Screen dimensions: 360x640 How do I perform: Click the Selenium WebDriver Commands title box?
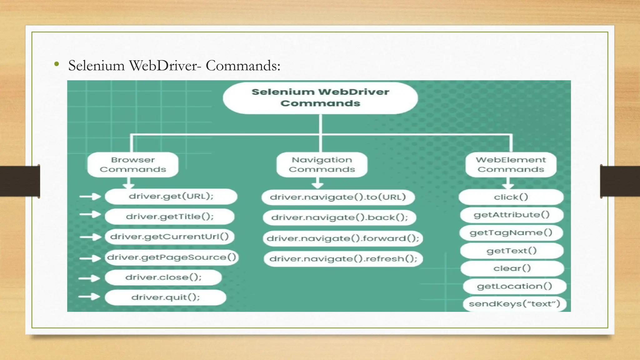[x=320, y=98]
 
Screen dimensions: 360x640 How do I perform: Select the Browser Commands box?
[x=133, y=165]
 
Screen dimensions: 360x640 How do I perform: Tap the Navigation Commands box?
[x=322, y=165]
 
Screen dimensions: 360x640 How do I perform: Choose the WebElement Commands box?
[x=511, y=165]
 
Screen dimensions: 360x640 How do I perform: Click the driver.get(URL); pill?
[x=171, y=197]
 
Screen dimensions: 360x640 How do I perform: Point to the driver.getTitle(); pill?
[x=170, y=217]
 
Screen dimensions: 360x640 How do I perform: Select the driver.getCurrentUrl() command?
[x=170, y=237]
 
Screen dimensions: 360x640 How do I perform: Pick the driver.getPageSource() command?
[x=172, y=257]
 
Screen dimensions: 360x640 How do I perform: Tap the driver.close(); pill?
[x=163, y=277]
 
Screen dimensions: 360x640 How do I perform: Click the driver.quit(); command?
[x=165, y=297]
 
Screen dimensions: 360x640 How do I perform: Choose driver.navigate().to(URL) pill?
[x=338, y=197]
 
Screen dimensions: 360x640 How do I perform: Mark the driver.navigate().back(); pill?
[x=339, y=217]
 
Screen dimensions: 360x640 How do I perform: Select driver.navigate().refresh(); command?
[x=343, y=259]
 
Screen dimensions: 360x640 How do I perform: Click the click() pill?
[x=511, y=197]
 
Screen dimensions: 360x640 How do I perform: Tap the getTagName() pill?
[x=511, y=233]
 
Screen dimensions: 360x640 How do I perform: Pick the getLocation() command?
[x=514, y=286]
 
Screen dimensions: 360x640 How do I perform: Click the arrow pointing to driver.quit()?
[x=89, y=296]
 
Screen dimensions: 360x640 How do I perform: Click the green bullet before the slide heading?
[x=57, y=64]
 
